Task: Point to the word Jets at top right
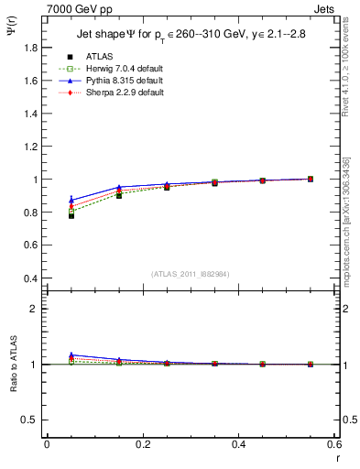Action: click(x=323, y=7)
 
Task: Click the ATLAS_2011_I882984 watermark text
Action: click(x=190, y=275)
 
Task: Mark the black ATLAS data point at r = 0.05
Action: click(x=71, y=215)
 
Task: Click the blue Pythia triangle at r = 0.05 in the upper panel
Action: click(x=71, y=200)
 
